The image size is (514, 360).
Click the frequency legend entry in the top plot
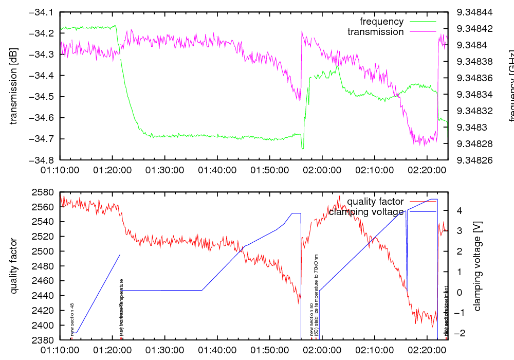[381, 22]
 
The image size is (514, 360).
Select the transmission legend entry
[375, 32]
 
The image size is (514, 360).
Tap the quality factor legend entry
[375, 202]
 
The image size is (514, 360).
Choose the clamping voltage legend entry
[366, 211]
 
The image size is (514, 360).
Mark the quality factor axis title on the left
[14, 266]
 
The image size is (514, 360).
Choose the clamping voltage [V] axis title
[477, 266]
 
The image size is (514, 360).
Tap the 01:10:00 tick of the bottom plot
[60, 350]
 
